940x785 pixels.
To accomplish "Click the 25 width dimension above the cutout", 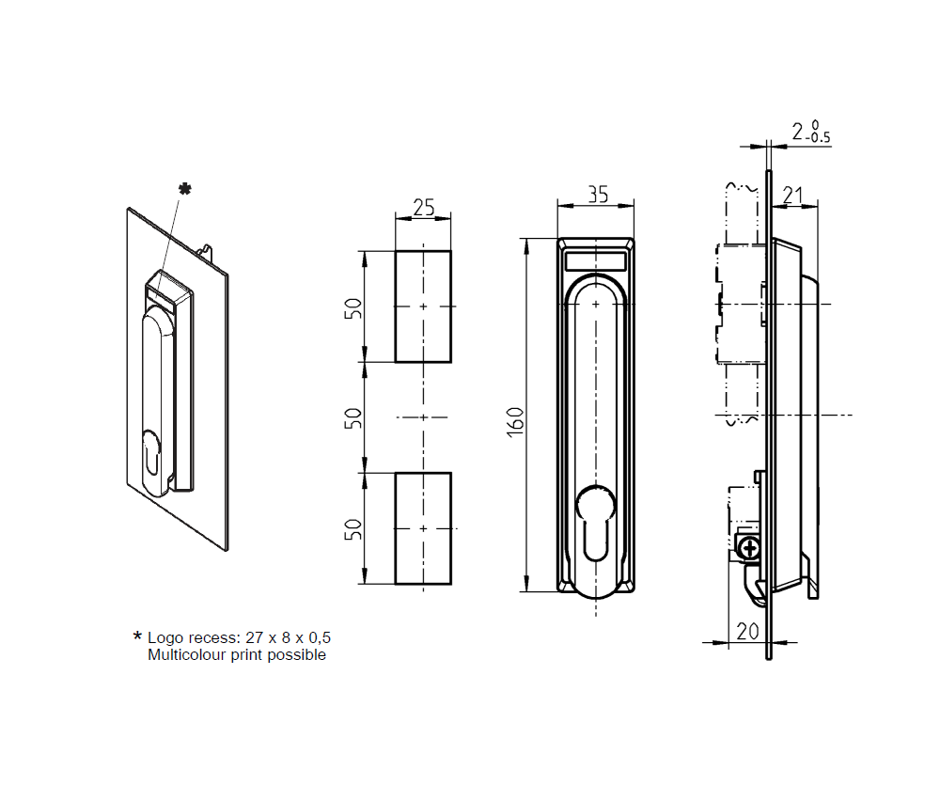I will coord(423,208).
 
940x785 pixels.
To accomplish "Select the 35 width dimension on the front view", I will coord(597,194).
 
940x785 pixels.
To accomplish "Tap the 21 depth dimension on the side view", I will coord(793,196).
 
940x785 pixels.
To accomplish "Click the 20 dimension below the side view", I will coord(747,632).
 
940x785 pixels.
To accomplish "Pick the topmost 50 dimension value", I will coord(352,307).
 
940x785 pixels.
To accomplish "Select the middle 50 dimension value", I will coord(352,417).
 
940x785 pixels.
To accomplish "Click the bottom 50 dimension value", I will coord(352,528).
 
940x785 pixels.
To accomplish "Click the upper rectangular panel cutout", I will coord(423,306).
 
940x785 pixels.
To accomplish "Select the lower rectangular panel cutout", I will coord(423,528).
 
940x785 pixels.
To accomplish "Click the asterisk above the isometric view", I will coord(184,190).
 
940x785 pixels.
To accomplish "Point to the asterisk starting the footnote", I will coord(137,636).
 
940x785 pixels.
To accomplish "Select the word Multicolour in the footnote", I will coord(185,654).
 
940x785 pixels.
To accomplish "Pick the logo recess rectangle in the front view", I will coord(597,260).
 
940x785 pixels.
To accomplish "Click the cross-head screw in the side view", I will coord(749,547).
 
